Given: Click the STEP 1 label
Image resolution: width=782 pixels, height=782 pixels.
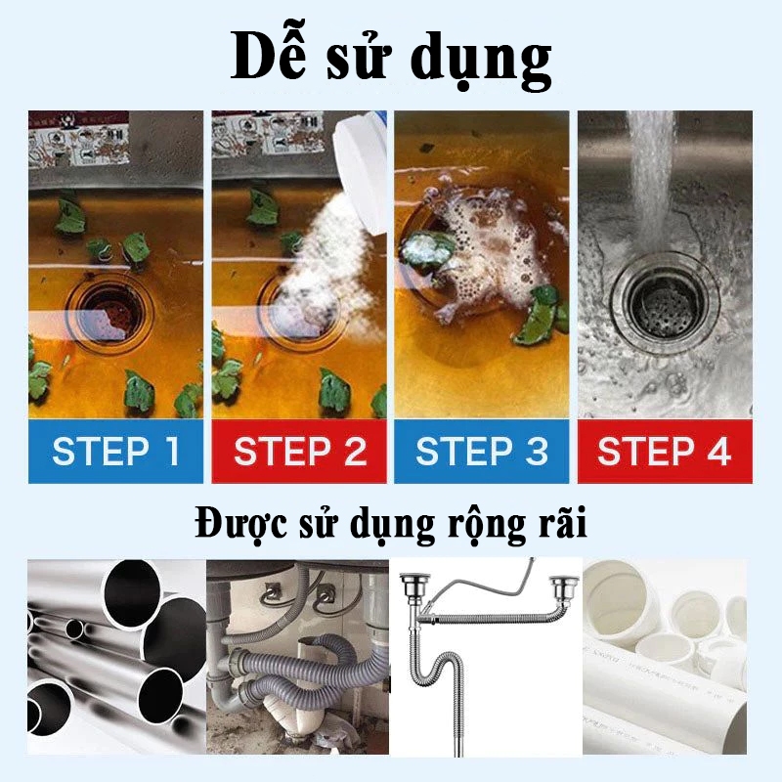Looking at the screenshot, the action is (x=115, y=452).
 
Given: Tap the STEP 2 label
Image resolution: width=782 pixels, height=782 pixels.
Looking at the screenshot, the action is (x=300, y=452).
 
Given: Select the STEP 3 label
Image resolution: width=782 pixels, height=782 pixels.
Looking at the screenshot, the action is (x=482, y=452).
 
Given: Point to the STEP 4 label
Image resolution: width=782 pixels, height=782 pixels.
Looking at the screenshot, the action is (x=665, y=452).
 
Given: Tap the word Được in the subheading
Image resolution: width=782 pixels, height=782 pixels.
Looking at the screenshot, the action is (x=240, y=524).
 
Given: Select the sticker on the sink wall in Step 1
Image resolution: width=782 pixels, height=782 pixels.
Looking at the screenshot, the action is (x=79, y=138).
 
